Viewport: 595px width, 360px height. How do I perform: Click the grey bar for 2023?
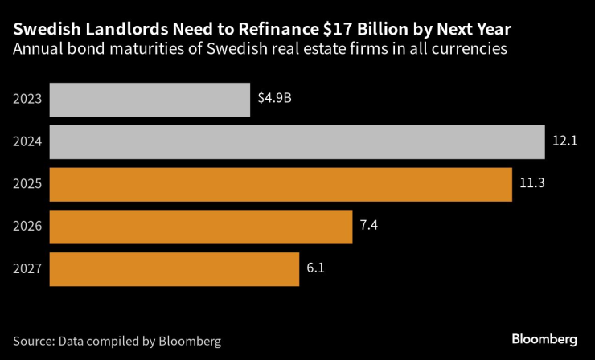point(150,100)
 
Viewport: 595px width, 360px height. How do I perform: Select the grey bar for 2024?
point(297,142)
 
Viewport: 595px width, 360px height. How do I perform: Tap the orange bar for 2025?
point(281,184)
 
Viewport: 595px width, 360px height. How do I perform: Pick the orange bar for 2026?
point(201,227)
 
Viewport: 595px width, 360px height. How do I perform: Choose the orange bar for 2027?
point(174,269)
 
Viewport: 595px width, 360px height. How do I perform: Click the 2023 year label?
point(27,100)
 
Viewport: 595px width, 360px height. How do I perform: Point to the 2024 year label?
point(27,142)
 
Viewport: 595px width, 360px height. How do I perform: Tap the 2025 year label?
point(27,184)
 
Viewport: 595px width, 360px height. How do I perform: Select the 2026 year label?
point(27,227)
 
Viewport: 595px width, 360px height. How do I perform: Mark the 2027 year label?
point(27,269)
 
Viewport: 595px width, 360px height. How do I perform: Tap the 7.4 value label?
point(368,227)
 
